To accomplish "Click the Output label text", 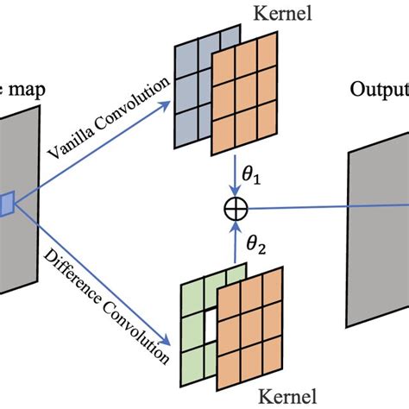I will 380,91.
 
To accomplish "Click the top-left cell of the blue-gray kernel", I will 188,53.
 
